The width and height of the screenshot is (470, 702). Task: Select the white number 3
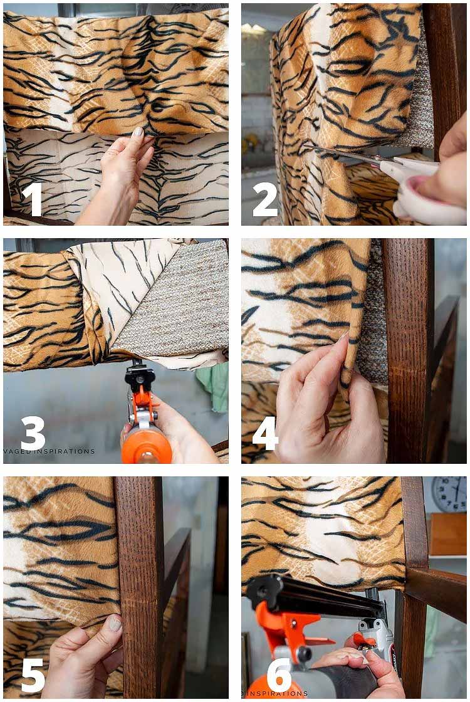pos(33,433)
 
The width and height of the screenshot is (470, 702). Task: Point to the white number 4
pos(265,433)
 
